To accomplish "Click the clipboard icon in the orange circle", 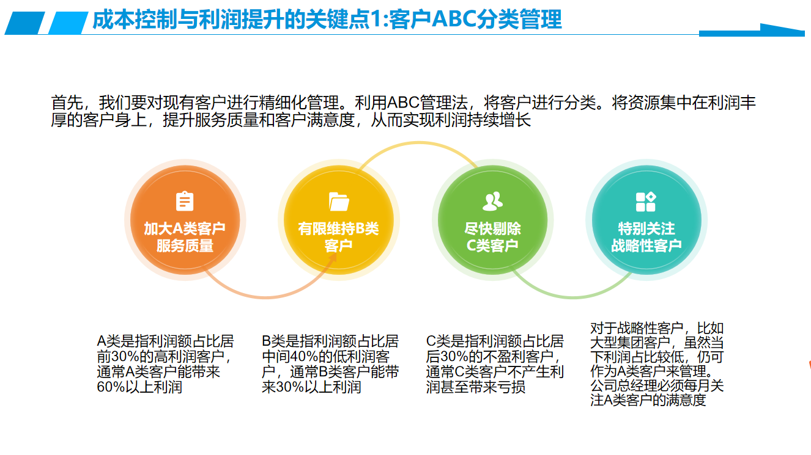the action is (185, 201).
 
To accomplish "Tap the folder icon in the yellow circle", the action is (339, 202).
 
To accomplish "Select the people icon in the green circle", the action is (493, 202).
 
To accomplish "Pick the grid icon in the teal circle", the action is (646, 202).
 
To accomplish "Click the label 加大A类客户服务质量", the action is (185, 237).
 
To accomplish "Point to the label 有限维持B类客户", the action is (338, 237).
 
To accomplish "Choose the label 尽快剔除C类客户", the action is (493, 237).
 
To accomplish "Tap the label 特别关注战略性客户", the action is (646, 237).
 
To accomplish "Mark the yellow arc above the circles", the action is (419, 143).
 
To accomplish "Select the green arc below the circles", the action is (572, 297).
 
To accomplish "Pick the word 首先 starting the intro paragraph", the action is (67, 103).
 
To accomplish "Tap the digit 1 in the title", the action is (377, 20).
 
